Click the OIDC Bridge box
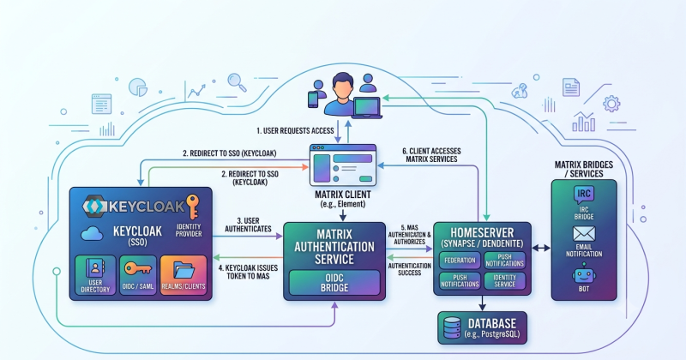pos(334,283)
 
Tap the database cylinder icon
pos(452,328)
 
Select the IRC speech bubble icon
pos(584,195)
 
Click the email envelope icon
pos(584,234)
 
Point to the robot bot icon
pos(584,273)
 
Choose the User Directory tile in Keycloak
pos(95,274)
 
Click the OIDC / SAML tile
pos(138,274)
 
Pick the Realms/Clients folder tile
pos(184,274)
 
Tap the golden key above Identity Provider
pos(192,207)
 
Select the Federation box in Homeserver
pos(460,261)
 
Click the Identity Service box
pos(504,281)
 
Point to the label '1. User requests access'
pos(295,131)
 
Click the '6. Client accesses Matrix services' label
pos(431,155)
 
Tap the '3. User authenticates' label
pos(248,225)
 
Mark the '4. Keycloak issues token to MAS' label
pos(248,272)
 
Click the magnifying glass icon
pos(237,82)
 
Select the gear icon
pos(611,104)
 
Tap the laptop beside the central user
pos(368,108)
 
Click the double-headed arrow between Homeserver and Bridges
pos(541,248)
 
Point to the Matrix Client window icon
pos(343,165)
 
